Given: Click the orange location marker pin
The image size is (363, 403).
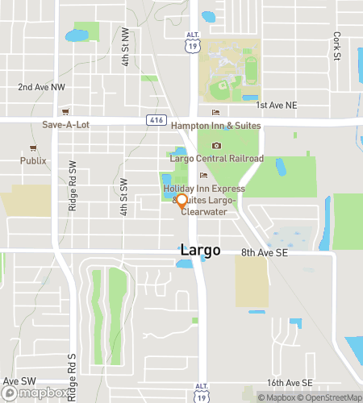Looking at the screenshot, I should tap(181, 201).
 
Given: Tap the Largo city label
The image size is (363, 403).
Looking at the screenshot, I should tap(199, 251).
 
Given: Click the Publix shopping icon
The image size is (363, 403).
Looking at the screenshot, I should tap(33, 147).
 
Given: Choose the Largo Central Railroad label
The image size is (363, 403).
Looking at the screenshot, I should tap(216, 159).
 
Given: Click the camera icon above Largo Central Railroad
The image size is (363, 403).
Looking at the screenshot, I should tap(215, 146).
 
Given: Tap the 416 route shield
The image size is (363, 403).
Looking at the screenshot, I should tap(155, 119).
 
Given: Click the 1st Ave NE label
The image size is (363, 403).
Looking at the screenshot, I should tap(277, 106).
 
